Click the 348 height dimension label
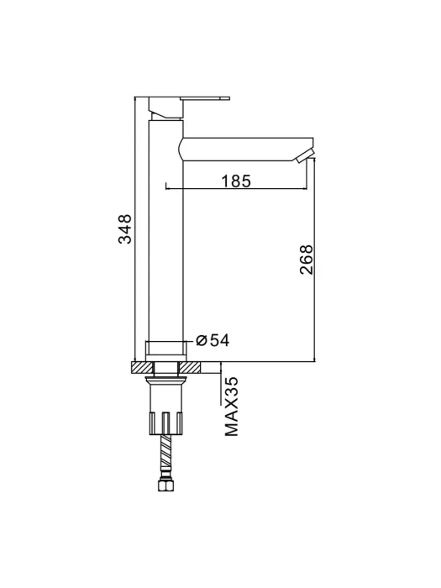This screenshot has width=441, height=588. (125, 228)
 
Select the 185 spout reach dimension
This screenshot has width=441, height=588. (236, 181)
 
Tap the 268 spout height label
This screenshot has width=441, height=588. (306, 260)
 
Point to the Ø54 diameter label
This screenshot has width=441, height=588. (213, 340)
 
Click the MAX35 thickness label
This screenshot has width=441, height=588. (231, 407)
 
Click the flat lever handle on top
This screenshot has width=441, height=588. (205, 98)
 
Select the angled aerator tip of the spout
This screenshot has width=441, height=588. (304, 155)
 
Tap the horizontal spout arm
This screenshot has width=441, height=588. (245, 150)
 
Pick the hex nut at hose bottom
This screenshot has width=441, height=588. (165, 486)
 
